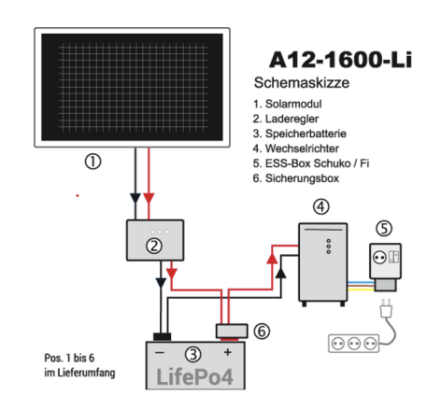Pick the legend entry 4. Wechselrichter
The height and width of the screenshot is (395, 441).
(x=298, y=147)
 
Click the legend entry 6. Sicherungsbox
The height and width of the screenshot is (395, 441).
(x=295, y=176)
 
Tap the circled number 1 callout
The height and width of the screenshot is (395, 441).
(x=92, y=162)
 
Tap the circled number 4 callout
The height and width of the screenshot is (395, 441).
(x=321, y=206)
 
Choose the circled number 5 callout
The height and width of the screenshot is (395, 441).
(x=385, y=226)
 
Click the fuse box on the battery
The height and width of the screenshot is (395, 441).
(x=227, y=330)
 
